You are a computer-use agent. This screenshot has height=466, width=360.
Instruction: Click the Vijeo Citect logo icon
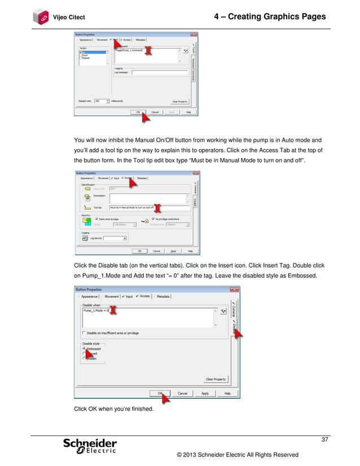41,17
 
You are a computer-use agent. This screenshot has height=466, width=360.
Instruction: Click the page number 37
324,440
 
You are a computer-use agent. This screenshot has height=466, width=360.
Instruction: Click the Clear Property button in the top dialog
179,102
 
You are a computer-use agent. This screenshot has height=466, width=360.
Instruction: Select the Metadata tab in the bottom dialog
163,296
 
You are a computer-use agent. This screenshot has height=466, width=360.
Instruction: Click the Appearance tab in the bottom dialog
89,296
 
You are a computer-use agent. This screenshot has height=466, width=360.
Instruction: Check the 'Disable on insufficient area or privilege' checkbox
84,333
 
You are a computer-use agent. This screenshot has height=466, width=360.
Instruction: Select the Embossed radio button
84,349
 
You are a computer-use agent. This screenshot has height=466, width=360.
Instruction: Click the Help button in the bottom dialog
227,393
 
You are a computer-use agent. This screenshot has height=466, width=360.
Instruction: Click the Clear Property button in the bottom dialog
216,379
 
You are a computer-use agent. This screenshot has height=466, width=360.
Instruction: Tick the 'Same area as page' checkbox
97,218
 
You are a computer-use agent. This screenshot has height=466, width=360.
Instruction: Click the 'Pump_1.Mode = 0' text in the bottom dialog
95,310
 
